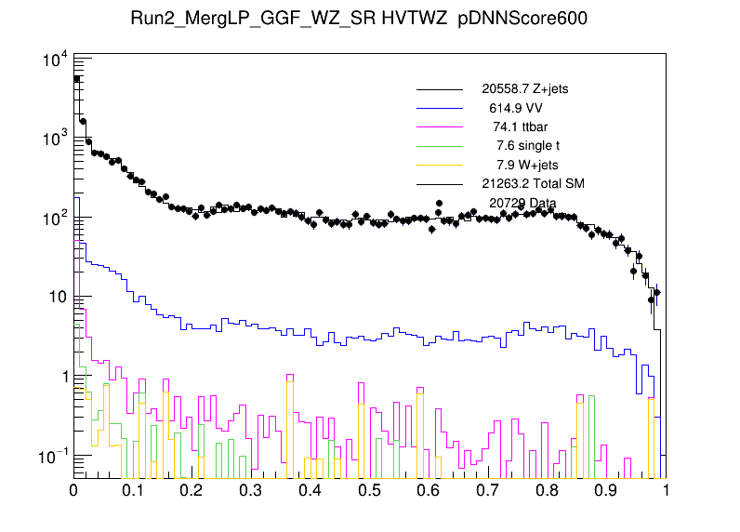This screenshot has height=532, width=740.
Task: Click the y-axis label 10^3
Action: (53, 139)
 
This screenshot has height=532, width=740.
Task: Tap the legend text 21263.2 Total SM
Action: (533, 182)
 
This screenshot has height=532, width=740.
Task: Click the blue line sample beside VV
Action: (439, 109)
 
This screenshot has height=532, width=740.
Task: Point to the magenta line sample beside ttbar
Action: (439, 127)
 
